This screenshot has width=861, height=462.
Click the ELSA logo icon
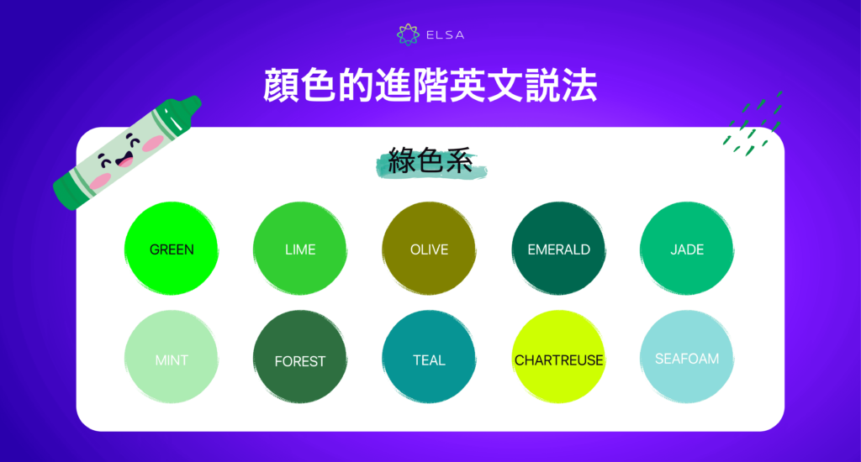click(x=408, y=34)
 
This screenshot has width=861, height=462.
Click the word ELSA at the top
click(x=444, y=35)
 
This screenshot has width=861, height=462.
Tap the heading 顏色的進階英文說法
click(x=430, y=87)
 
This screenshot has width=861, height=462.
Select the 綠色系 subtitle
click(x=430, y=160)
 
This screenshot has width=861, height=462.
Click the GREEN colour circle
click(x=172, y=249)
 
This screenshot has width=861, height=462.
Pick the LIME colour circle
click(x=300, y=249)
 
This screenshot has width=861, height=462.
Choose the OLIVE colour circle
click(x=429, y=249)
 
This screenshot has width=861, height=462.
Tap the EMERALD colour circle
click(x=558, y=249)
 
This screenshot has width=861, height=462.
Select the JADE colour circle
click(x=687, y=249)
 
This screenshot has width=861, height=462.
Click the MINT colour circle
click(x=172, y=359)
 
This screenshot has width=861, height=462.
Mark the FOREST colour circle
click(x=300, y=359)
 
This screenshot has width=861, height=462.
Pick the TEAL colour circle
click(x=429, y=359)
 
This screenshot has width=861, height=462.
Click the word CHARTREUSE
click(x=558, y=360)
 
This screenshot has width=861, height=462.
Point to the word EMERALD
click(x=558, y=249)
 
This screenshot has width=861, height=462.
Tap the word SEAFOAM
click(x=687, y=359)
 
